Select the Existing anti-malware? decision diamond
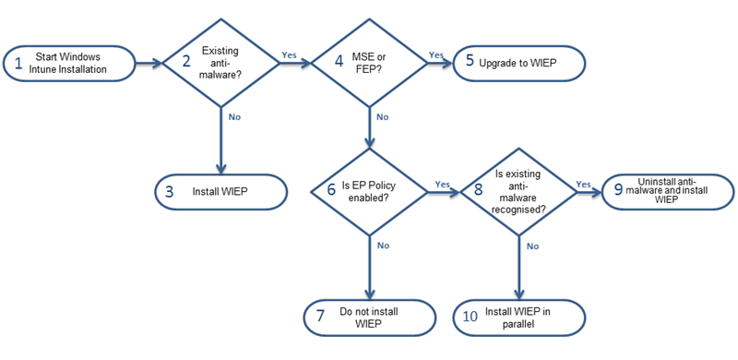221,64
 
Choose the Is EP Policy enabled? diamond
369,191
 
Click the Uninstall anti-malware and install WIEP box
666,191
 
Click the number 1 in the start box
17,64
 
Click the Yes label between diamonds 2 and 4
288,54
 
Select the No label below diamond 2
234,117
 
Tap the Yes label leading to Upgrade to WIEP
435,54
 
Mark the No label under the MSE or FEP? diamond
382,117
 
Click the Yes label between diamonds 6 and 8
442,183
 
